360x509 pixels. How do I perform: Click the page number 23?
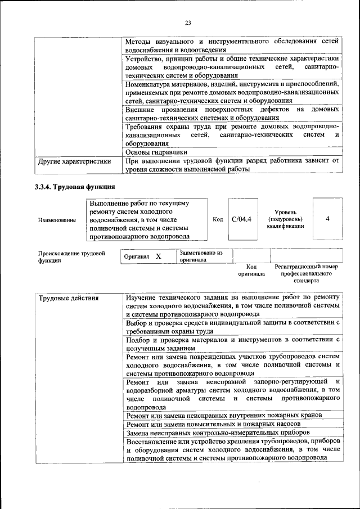188,22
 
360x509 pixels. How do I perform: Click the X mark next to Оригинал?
158,256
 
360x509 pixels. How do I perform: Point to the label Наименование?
57,220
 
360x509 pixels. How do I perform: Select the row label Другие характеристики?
74,161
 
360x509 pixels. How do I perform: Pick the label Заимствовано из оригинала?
201,256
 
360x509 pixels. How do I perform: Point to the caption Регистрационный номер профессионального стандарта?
306,273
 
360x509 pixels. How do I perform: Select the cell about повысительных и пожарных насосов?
213,424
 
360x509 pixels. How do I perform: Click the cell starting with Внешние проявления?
233,113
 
